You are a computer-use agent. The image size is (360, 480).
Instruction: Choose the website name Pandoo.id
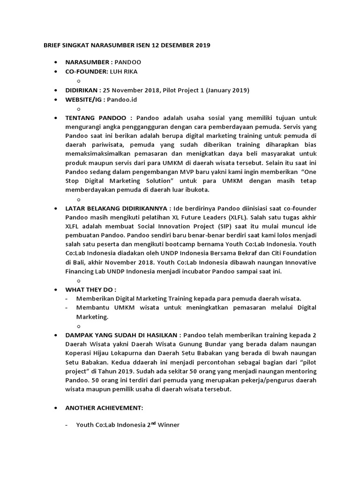[x=122, y=100]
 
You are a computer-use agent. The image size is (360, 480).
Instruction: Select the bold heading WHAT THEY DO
[x=89, y=289]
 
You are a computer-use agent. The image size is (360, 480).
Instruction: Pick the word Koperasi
[x=79, y=353]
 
